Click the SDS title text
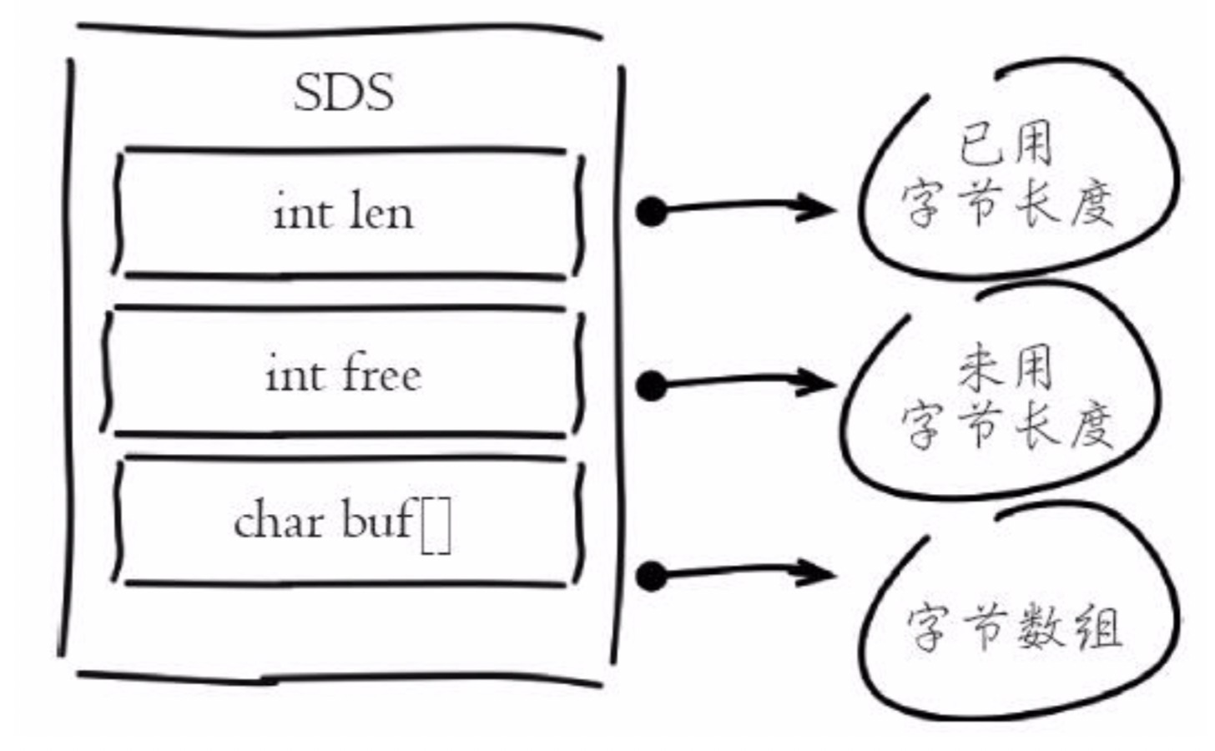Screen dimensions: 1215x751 (x=344, y=93)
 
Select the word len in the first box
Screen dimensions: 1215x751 (x=381, y=212)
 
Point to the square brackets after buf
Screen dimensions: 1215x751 (x=436, y=527)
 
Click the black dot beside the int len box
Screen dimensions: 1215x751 (x=652, y=211)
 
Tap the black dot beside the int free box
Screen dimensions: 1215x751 (x=651, y=386)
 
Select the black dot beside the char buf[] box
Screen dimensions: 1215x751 (x=651, y=576)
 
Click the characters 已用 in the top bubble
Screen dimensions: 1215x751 (x=1006, y=144)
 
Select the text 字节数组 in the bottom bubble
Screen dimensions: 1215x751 (x=1014, y=627)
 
